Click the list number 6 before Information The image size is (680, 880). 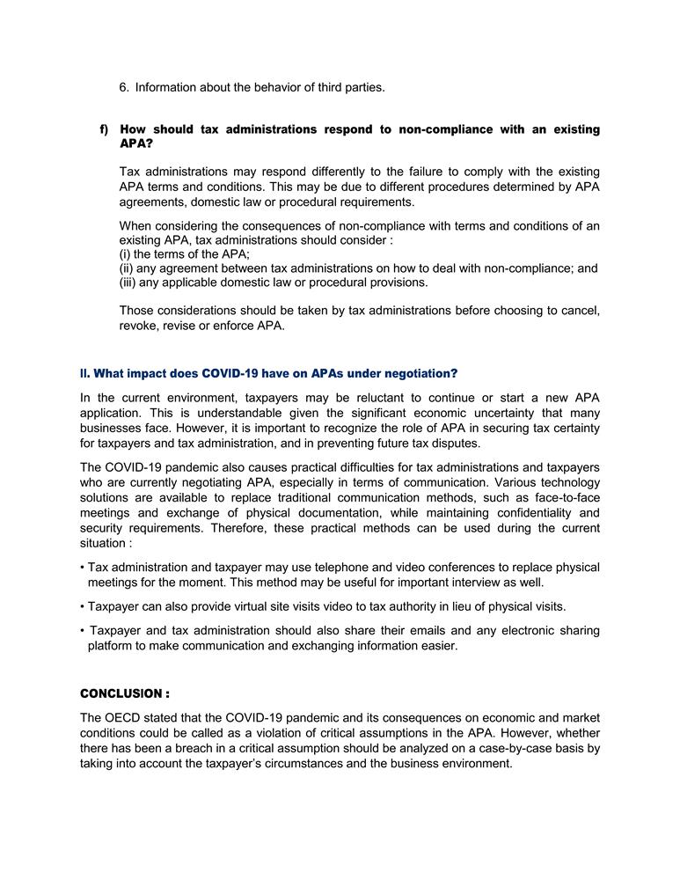click(124, 87)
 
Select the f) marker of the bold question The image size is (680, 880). click(104, 129)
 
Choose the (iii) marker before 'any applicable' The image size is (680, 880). click(128, 282)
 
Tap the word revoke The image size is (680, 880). click(138, 325)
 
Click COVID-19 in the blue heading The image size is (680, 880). click(232, 373)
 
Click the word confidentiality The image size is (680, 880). click(531, 513)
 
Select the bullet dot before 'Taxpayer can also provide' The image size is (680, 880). click(82, 606)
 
